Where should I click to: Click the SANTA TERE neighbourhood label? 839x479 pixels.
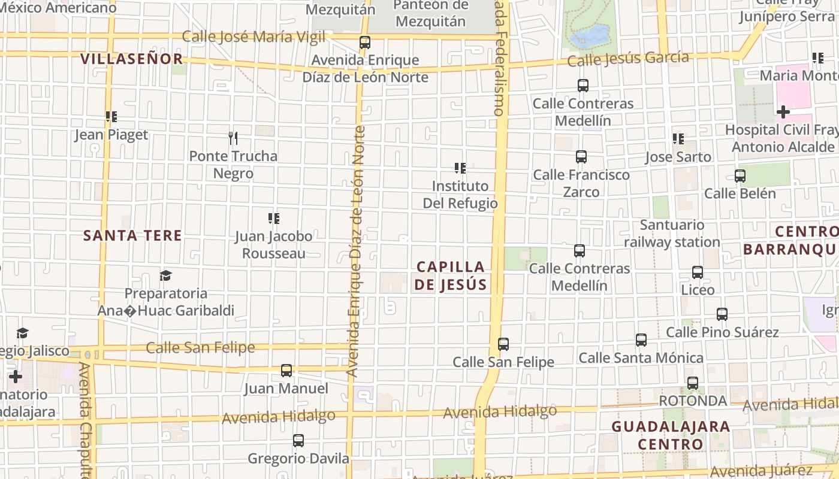coord(132,235)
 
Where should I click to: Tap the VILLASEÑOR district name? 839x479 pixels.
coord(131,59)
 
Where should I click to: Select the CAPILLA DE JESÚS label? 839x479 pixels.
coord(450,275)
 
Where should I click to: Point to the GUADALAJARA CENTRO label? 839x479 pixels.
coord(671,435)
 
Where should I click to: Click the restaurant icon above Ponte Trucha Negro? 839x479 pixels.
coord(233,138)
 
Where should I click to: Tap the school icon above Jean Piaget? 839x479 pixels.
coord(111,117)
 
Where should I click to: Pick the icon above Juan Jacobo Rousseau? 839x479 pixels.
coord(274,219)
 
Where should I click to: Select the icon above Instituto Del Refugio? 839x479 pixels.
coord(460,168)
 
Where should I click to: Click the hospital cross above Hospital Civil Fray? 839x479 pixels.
coord(783,112)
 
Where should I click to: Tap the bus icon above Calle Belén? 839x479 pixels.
coord(740,176)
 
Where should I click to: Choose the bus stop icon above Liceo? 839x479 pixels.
coord(698,272)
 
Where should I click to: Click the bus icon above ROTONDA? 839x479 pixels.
coord(693,383)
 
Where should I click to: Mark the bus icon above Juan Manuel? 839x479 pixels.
coord(286,371)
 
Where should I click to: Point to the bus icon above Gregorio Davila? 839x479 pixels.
coord(298,441)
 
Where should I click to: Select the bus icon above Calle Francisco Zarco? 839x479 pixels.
coord(581,157)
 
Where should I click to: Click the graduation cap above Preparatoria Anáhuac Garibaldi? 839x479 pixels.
coord(165,275)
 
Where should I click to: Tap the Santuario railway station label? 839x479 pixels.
coord(672,234)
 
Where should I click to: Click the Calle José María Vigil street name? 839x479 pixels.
coord(253,37)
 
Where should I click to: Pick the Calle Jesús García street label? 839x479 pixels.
coord(627,59)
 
